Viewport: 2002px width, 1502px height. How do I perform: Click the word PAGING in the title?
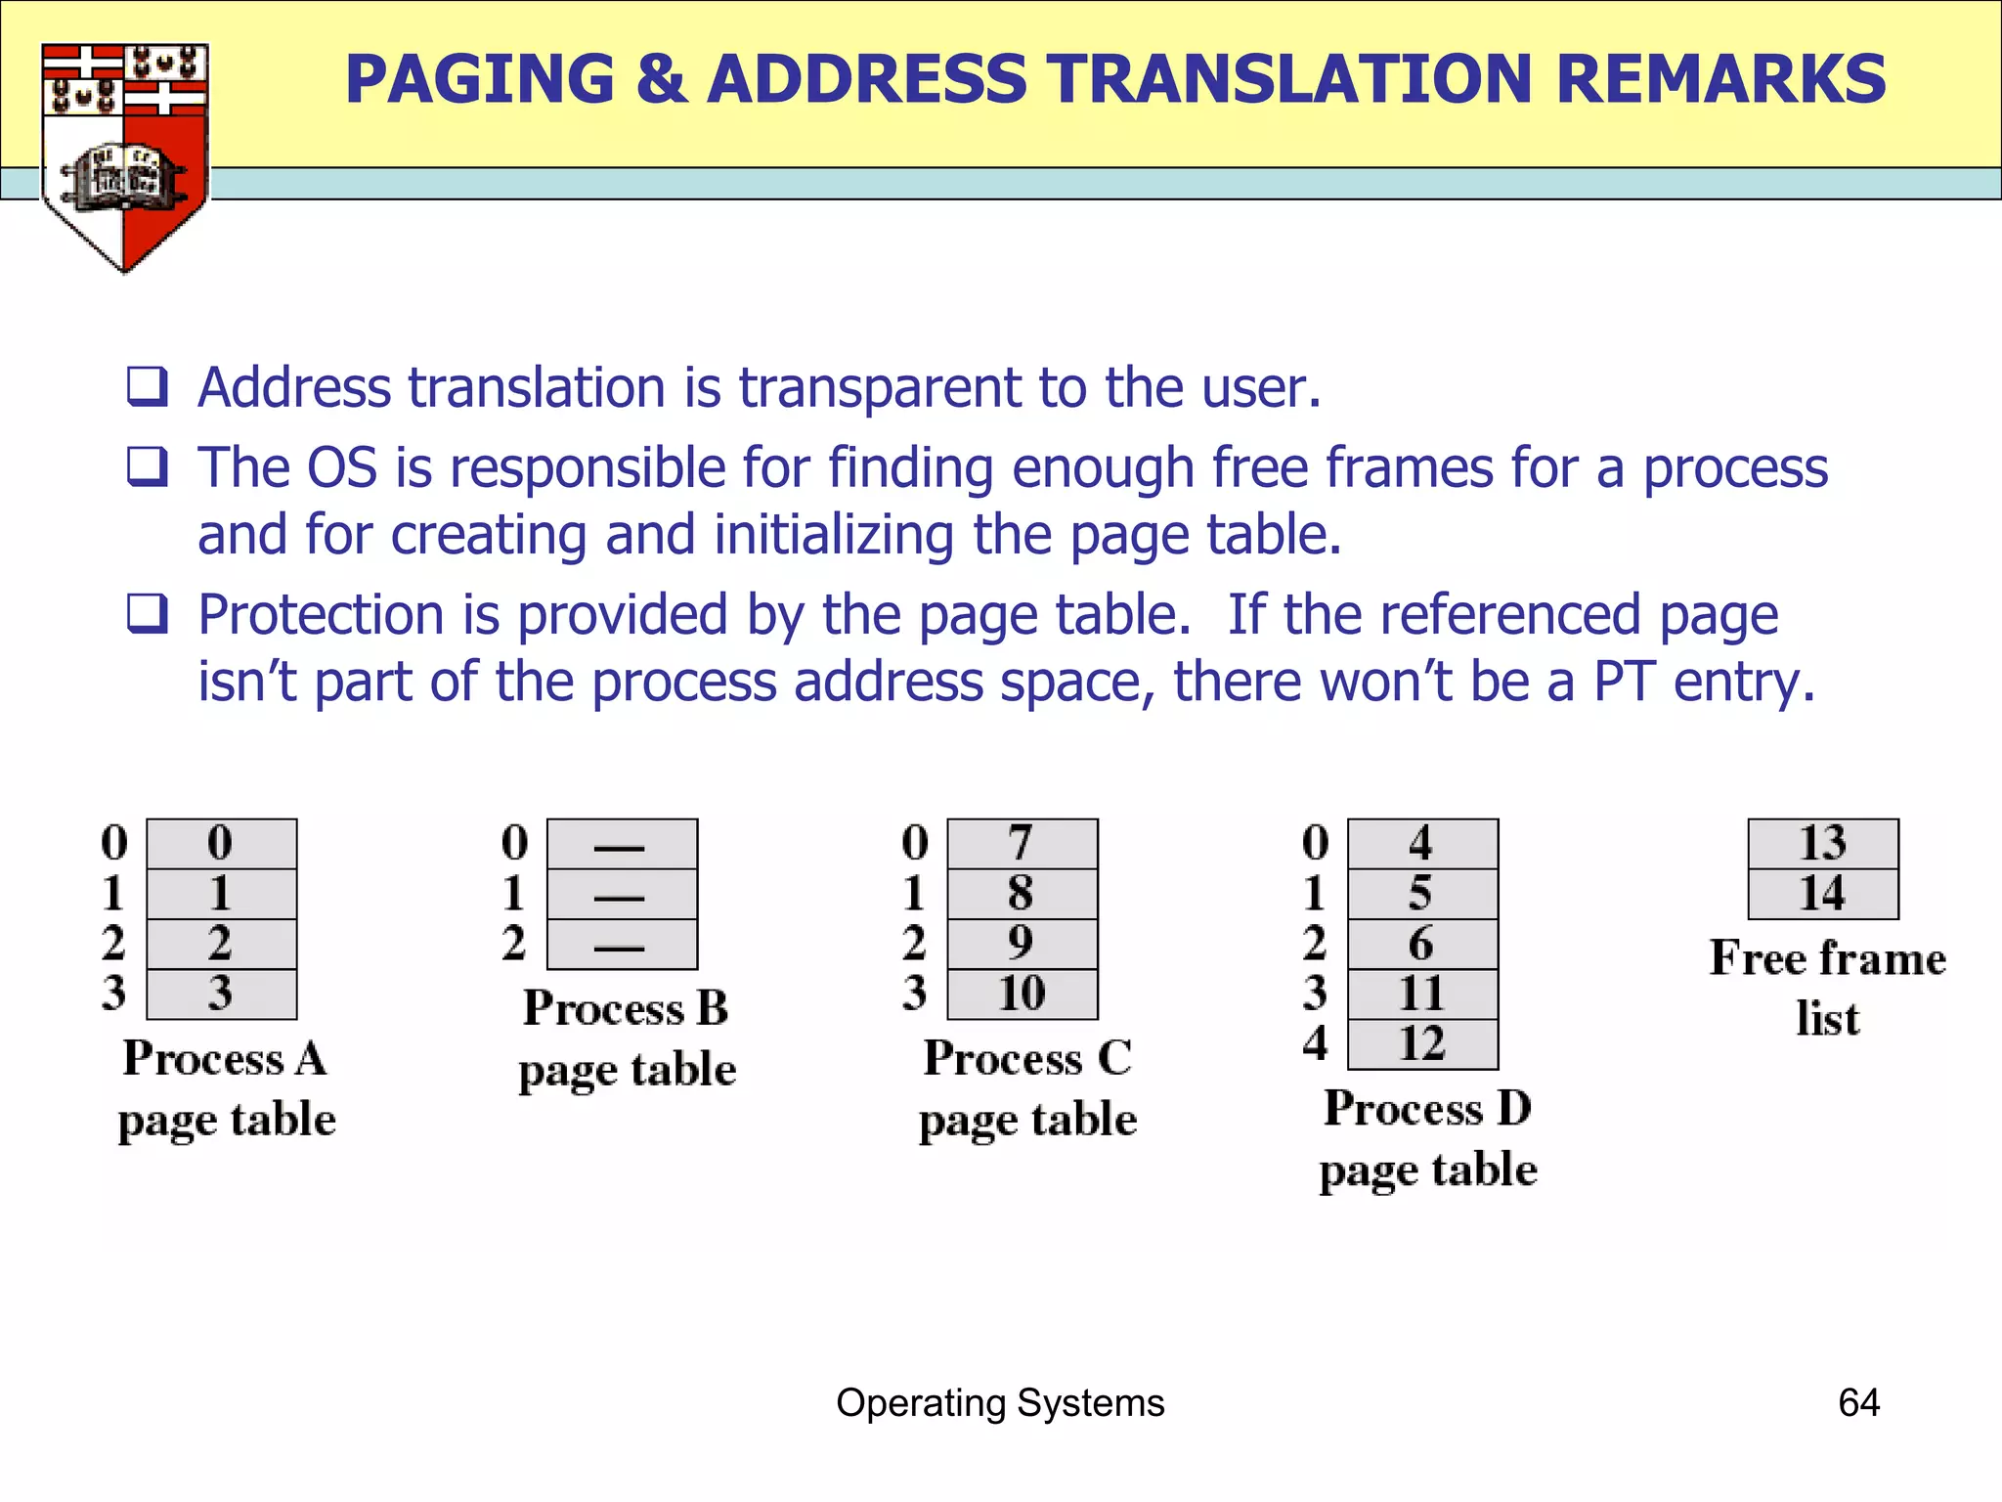[x=480, y=79]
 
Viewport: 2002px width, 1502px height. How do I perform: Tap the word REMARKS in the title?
[x=1720, y=79]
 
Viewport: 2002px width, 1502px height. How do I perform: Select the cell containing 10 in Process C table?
[x=1023, y=994]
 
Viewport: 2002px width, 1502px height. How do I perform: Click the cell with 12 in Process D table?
[x=1422, y=1044]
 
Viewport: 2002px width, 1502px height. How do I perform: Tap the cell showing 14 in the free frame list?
[x=1823, y=894]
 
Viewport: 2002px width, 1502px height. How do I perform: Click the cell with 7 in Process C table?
[x=1023, y=844]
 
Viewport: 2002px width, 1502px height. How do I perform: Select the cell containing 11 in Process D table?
[x=1422, y=994]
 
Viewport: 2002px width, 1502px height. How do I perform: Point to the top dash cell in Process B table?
[x=622, y=844]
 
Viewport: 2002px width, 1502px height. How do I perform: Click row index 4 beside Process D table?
[x=1316, y=1043]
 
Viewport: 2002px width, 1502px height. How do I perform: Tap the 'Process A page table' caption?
[x=227, y=1088]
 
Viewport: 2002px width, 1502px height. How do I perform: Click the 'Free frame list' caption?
[x=1828, y=988]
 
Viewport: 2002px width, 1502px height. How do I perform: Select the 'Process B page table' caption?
[x=627, y=1038]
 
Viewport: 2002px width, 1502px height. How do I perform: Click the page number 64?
[x=1858, y=1403]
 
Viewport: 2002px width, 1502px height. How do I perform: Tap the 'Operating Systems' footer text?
[x=1000, y=1403]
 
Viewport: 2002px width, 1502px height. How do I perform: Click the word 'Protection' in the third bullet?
[x=321, y=615]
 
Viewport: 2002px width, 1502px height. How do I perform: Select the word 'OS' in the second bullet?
[x=341, y=467]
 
